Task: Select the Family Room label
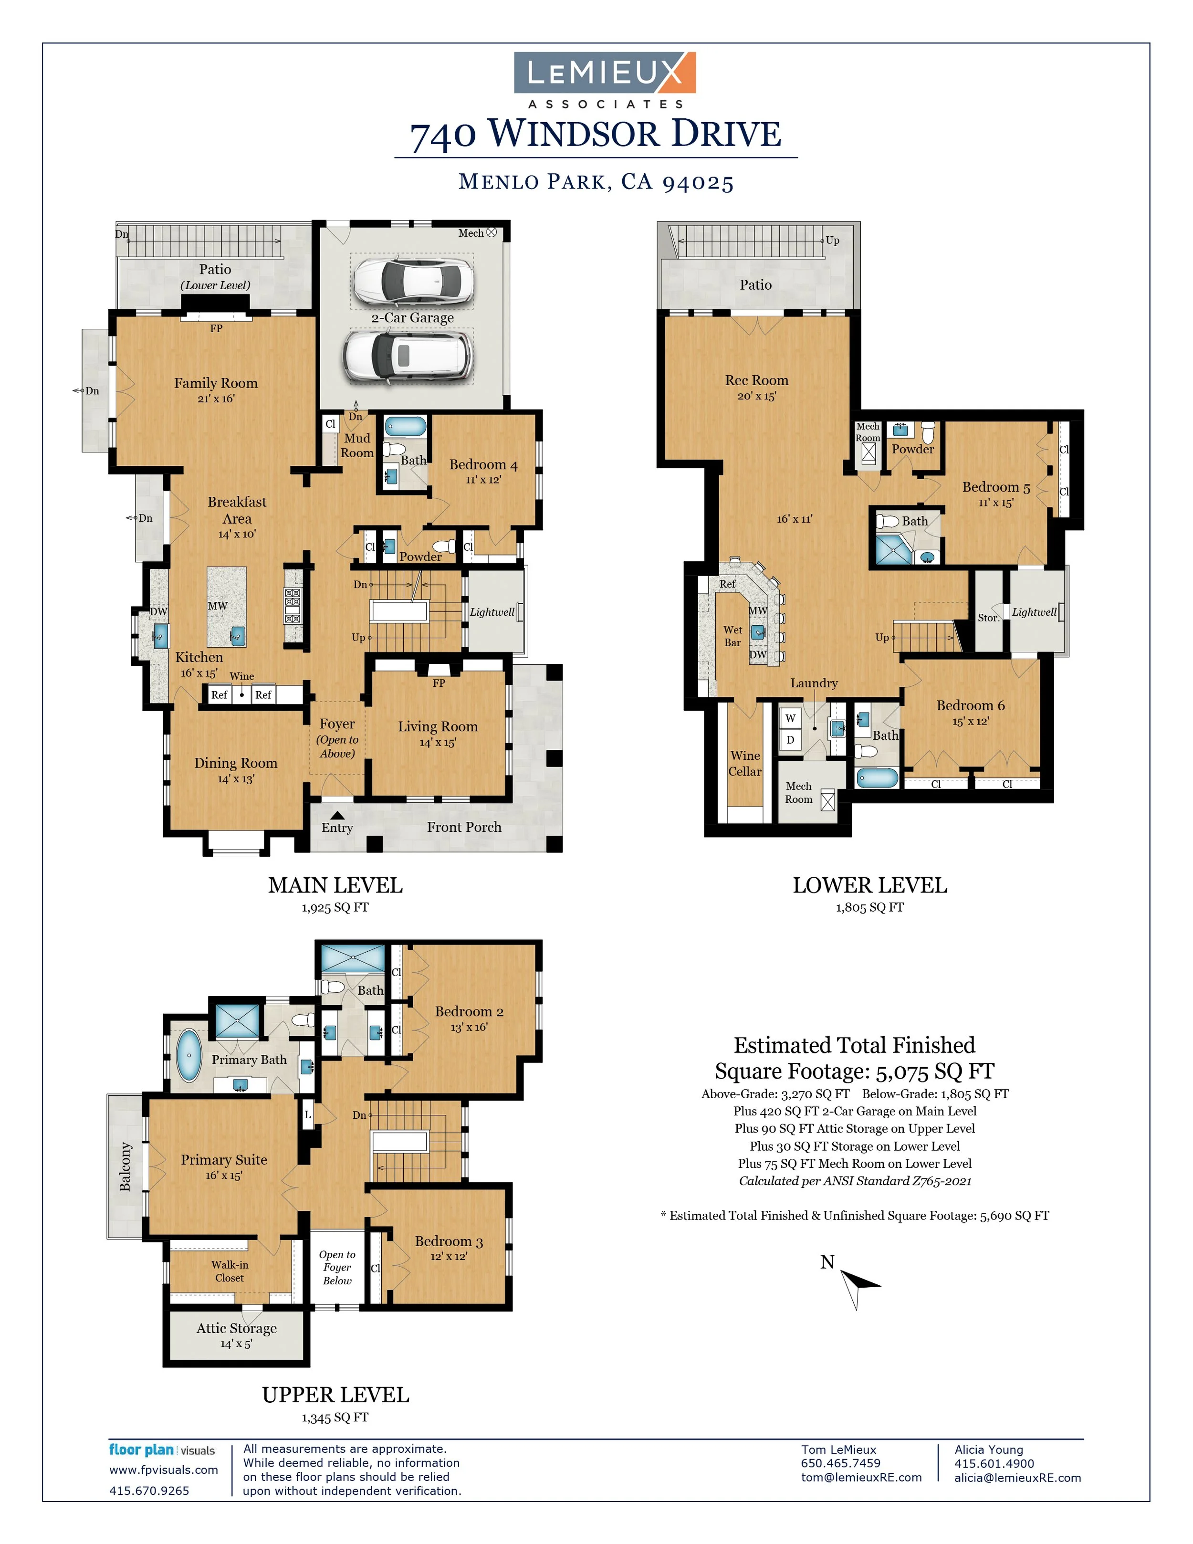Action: tap(216, 383)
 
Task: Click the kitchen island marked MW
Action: tap(226, 606)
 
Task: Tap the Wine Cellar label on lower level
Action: tap(745, 764)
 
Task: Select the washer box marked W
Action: tap(790, 718)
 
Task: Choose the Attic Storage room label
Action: tap(236, 1328)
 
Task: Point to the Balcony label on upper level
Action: tap(125, 1166)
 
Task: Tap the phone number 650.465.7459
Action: tap(840, 1463)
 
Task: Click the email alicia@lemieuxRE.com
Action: tap(1017, 1478)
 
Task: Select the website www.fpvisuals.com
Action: tap(163, 1470)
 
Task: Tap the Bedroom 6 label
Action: tap(970, 705)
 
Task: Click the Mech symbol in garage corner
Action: tap(492, 232)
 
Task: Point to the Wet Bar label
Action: tap(732, 636)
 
